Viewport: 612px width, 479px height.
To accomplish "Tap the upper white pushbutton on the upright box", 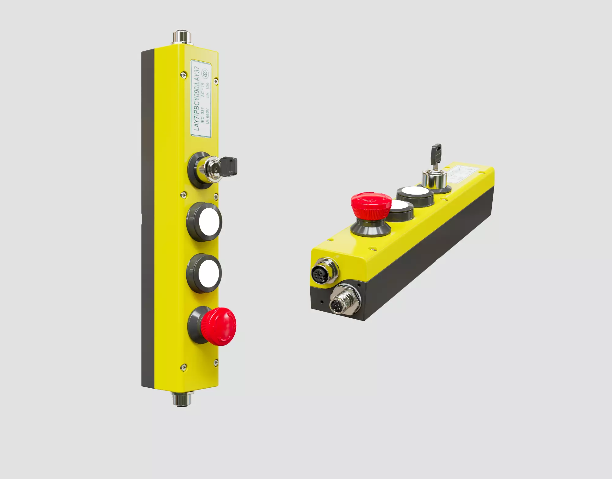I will (210, 222).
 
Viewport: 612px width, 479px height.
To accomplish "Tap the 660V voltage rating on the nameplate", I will (207, 116).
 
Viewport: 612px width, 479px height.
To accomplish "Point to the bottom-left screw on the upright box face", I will (183, 367).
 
